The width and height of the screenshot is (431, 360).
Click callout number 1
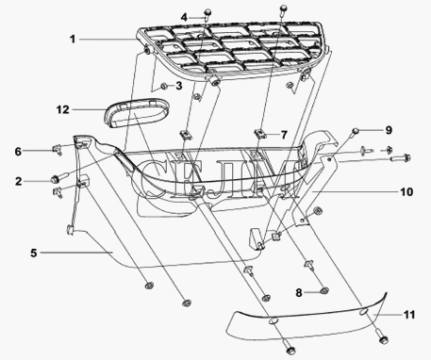coord(73,40)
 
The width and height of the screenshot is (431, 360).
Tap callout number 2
coord(19,181)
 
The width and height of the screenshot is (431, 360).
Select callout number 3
coord(179,86)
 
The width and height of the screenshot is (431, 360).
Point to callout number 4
coord(184,17)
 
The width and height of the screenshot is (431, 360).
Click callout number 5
coord(34,253)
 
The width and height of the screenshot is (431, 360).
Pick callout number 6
coord(18,152)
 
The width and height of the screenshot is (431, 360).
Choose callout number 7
coord(284,135)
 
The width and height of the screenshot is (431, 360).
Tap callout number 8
coord(299,293)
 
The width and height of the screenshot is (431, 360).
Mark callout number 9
coord(389,130)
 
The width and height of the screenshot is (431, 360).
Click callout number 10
coord(406,191)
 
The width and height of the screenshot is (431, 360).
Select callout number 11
coord(409,315)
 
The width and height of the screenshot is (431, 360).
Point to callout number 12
coord(62,109)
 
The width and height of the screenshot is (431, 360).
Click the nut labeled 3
coord(163,86)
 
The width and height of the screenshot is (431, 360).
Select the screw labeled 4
coord(207,14)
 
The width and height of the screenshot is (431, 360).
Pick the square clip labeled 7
coord(259,133)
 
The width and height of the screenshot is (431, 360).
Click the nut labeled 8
coord(323,291)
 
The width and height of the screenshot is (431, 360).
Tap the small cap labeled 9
coord(356,130)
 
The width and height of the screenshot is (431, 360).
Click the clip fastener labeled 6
coord(57,149)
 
